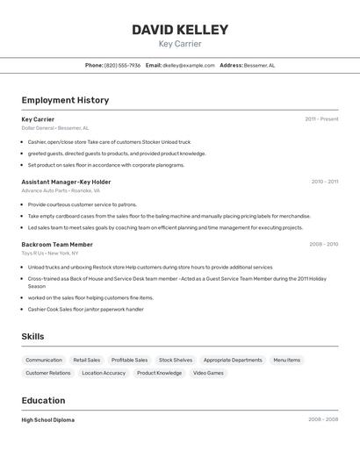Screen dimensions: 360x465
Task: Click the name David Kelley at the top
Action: point(180,30)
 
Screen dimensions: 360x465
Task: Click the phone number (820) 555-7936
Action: point(122,65)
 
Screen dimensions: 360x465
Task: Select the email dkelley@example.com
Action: point(189,65)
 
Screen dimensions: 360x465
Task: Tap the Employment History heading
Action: point(65,100)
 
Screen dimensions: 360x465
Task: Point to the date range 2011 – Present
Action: point(321,119)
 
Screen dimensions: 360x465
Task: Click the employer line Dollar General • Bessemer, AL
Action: point(54,128)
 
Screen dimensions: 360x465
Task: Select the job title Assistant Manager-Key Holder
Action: point(66,182)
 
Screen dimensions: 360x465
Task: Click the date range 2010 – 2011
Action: point(324,182)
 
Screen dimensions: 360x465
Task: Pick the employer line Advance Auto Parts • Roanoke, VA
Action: point(61,190)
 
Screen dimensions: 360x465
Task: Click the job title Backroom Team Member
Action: point(57,245)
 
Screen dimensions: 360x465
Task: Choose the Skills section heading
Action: point(32,337)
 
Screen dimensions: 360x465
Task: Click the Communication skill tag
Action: point(44,360)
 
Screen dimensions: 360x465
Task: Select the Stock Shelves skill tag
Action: point(176,360)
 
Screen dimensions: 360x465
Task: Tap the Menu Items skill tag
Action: point(286,360)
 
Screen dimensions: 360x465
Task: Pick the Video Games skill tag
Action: point(208,373)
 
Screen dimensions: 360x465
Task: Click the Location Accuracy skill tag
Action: point(104,373)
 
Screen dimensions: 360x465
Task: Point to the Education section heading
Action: point(44,400)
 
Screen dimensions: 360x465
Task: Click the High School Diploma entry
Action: point(47,420)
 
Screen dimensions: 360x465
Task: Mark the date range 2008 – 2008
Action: point(323,420)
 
